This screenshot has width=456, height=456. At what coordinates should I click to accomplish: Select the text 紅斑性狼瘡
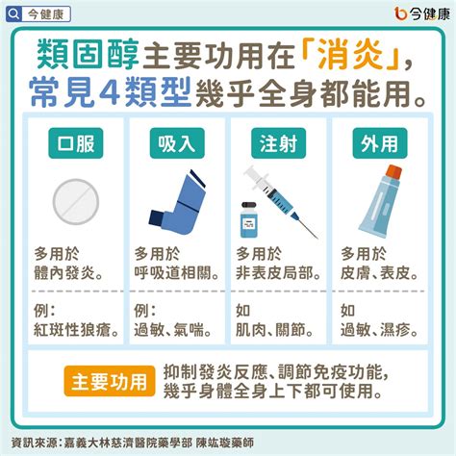coord(77,330)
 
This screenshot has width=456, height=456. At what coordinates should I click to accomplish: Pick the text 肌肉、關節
coord(273,330)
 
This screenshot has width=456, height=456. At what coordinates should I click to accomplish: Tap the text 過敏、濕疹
coord(378,330)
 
